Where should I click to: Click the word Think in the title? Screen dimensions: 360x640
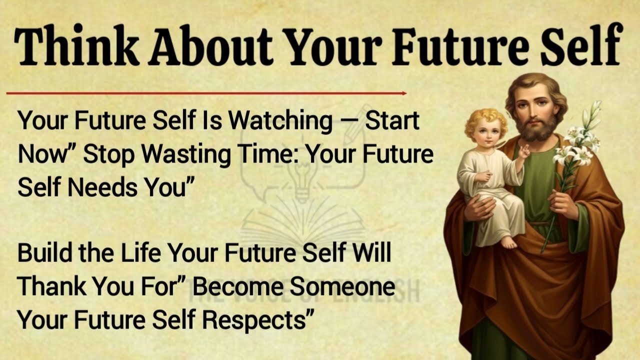[75, 47]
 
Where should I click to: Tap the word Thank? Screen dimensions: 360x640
[51, 286]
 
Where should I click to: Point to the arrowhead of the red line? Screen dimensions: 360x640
[403, 93]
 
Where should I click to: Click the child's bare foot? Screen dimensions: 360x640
[508, 242]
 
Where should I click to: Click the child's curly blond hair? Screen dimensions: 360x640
[485, 120]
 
